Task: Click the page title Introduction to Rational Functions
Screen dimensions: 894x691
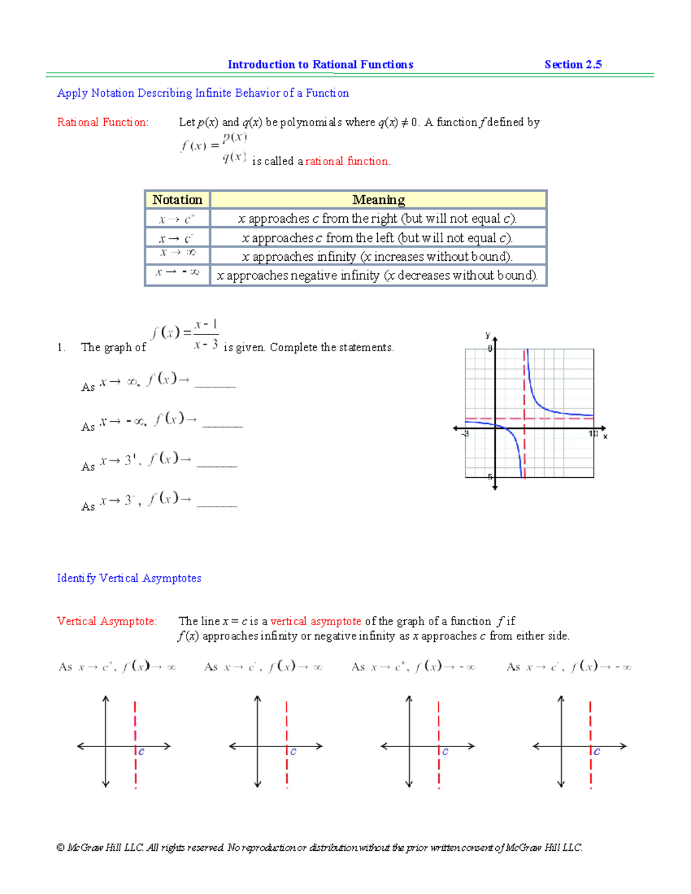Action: (x=320, y=64)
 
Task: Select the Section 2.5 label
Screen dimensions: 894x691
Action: (x=573, y=64)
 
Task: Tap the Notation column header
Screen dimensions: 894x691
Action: (x=177, y=200)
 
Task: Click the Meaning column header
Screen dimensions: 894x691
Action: (x=378, y=200)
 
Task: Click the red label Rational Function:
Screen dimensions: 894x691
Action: (x=102, y=122)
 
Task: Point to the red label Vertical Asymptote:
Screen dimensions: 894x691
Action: (x=107, y=621)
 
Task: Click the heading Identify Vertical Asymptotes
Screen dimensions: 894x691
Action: (x=129, y=578)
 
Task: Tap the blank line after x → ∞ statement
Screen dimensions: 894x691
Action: (x=215, y=386)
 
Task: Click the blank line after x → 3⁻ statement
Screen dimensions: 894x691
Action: (x=217, y=505)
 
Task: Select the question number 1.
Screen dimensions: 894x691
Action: (x=61, y=347)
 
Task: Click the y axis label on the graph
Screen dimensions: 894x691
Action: (x=488, y=335)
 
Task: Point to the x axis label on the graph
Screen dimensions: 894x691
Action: (x=605, y=436)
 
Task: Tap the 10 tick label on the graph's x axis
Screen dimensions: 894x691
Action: (x=593, y=433)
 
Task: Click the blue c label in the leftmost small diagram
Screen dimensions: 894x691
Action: (x=141, y=752)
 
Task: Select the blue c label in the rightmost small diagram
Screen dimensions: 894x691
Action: (x=597, y=752)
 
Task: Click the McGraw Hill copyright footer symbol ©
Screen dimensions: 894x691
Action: (x=60, y=847)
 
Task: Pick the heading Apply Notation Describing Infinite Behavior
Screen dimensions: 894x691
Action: (x=203, y=93)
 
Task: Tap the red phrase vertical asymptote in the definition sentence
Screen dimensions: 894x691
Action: (x=316, y=621)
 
